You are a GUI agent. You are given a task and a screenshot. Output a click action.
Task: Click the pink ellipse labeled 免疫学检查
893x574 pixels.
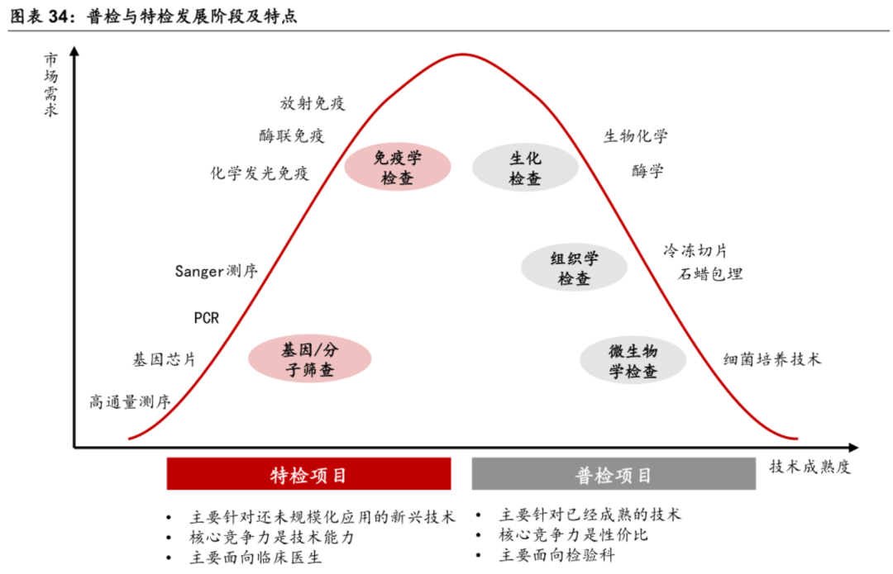(x=398, y=167)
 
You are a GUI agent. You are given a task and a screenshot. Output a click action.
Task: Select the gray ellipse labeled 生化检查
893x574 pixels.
(x=524, y=167)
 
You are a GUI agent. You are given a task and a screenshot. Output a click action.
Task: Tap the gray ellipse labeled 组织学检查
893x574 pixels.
(x=574, y=268)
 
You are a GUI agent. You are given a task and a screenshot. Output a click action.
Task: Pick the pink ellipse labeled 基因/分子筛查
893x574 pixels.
(x=310, y=359)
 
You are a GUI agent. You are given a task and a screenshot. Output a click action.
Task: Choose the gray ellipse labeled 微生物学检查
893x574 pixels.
(x=633, y=360)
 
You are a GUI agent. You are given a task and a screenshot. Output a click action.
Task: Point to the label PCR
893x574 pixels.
(x=206, y=318)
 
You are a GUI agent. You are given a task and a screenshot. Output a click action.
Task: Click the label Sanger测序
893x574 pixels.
(x=217, y=271)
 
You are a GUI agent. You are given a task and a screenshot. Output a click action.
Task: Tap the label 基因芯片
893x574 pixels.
(x=165, y=360)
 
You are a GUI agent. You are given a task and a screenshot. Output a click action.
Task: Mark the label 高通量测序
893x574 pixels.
(x=130, y=402)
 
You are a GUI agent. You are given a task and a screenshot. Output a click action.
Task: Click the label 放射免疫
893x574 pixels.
(x=312, y=103)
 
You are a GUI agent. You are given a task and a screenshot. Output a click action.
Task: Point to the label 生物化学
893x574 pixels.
(x=636, y=136)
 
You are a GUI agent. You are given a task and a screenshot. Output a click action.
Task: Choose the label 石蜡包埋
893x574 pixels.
(x=710, y=274)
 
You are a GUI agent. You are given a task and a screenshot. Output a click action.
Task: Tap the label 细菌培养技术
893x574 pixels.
(x=772, y=359)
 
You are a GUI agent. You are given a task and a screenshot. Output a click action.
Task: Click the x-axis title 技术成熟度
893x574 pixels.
(x=809, y=467)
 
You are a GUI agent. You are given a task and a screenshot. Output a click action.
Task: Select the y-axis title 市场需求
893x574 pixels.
(x=51, y=85)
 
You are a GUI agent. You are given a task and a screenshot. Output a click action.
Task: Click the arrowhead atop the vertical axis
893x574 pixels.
(x=74, y=52)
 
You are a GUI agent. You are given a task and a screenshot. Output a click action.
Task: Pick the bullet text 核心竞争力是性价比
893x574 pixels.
(x=574, y=535)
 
